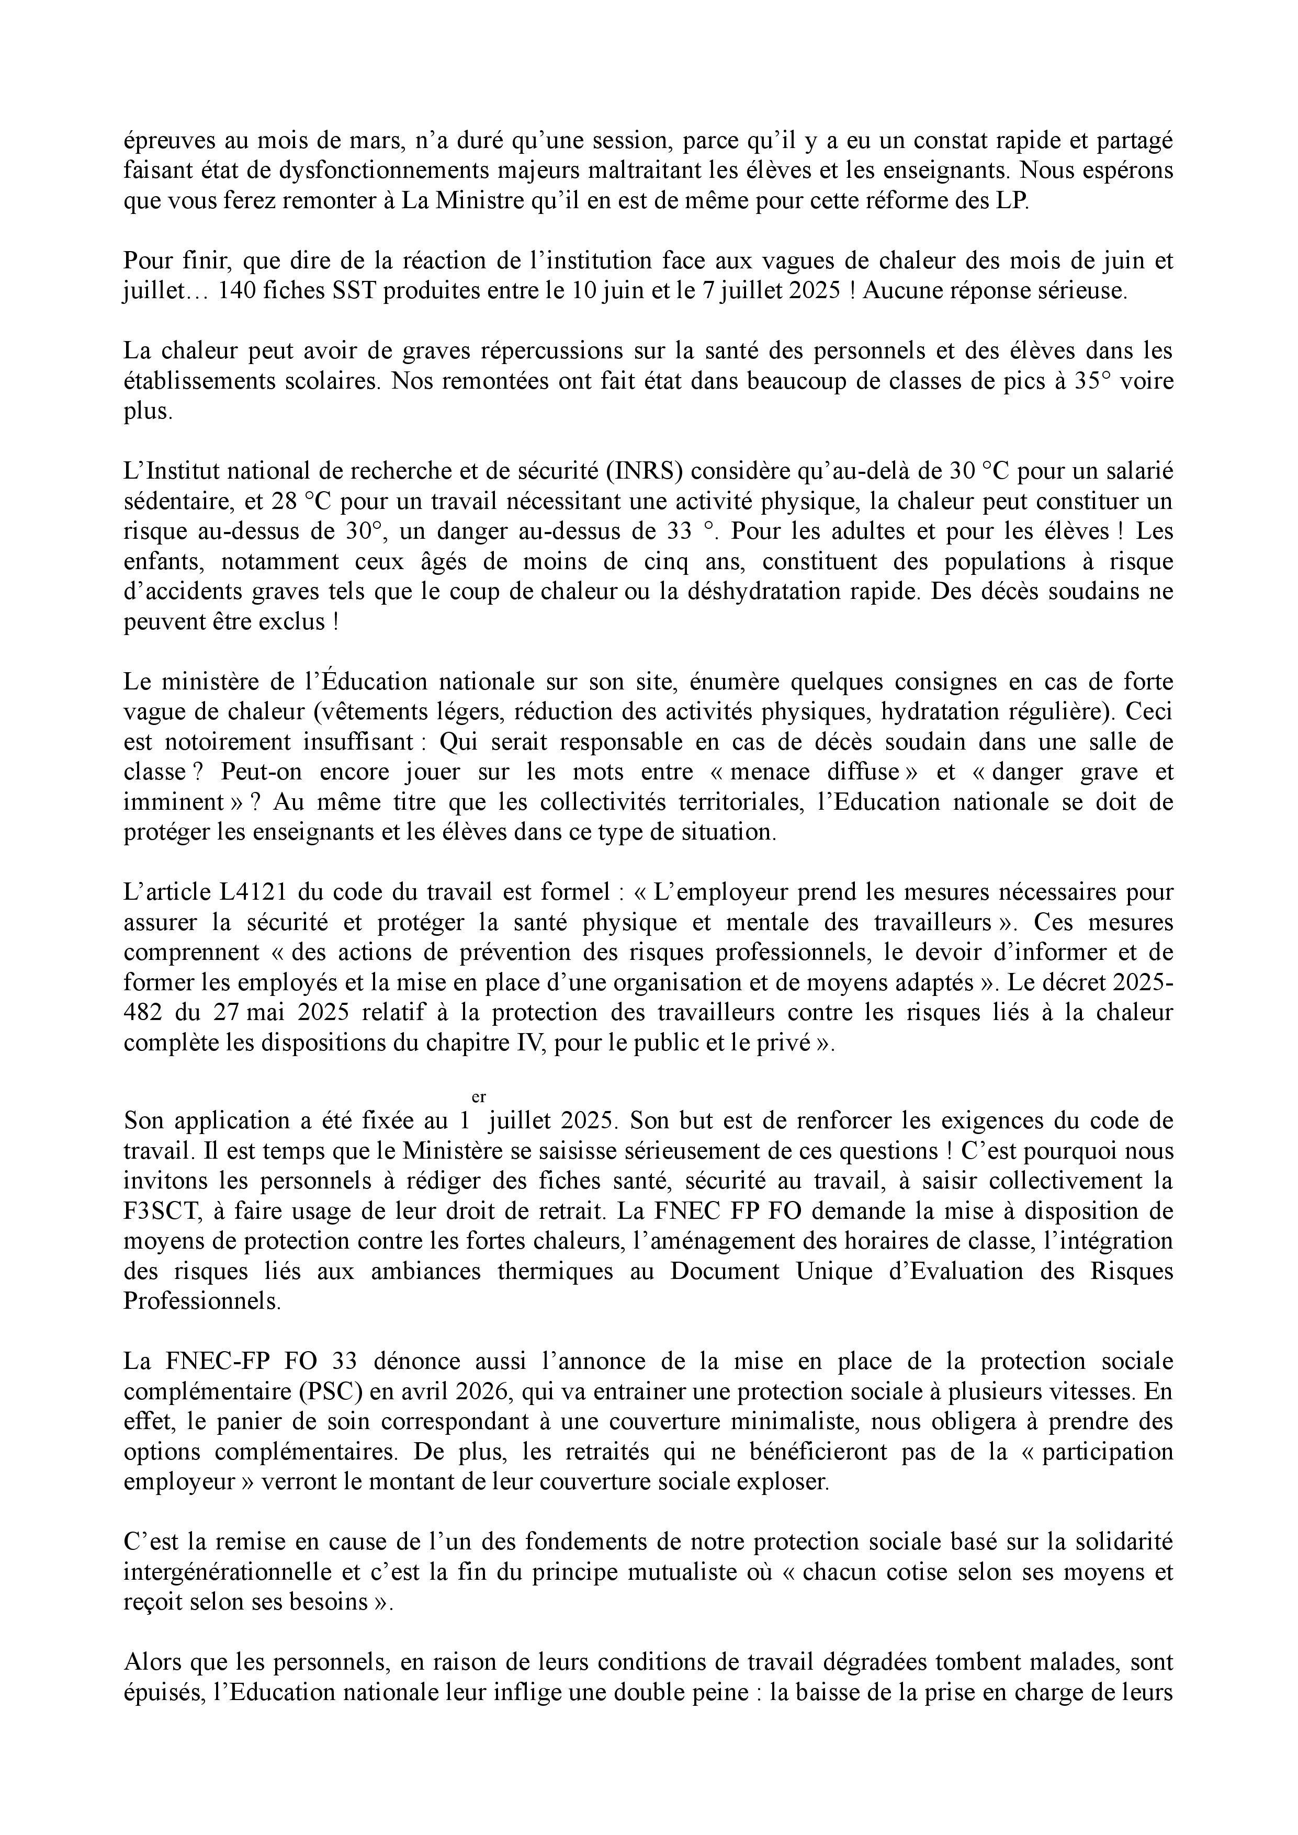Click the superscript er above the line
pos(479,1098)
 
